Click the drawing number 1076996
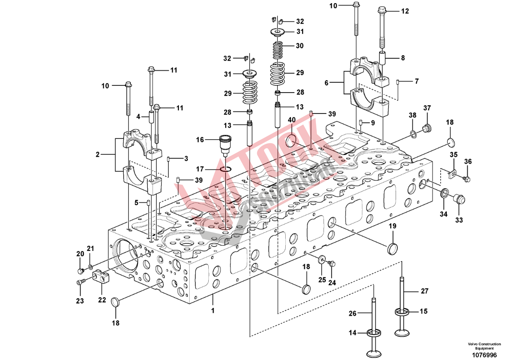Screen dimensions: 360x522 click(484, 354)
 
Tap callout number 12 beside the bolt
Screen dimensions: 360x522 click(405, 11)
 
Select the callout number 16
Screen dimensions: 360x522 click(200, 140)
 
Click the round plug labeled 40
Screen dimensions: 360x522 click(291, 141)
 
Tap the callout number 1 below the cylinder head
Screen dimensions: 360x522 click(213, 310)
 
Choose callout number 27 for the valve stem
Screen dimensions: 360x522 click(425, 291)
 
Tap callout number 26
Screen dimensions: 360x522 click(352, 314)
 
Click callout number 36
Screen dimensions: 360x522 click(468, 161)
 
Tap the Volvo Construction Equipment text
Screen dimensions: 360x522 click(484, 346)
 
